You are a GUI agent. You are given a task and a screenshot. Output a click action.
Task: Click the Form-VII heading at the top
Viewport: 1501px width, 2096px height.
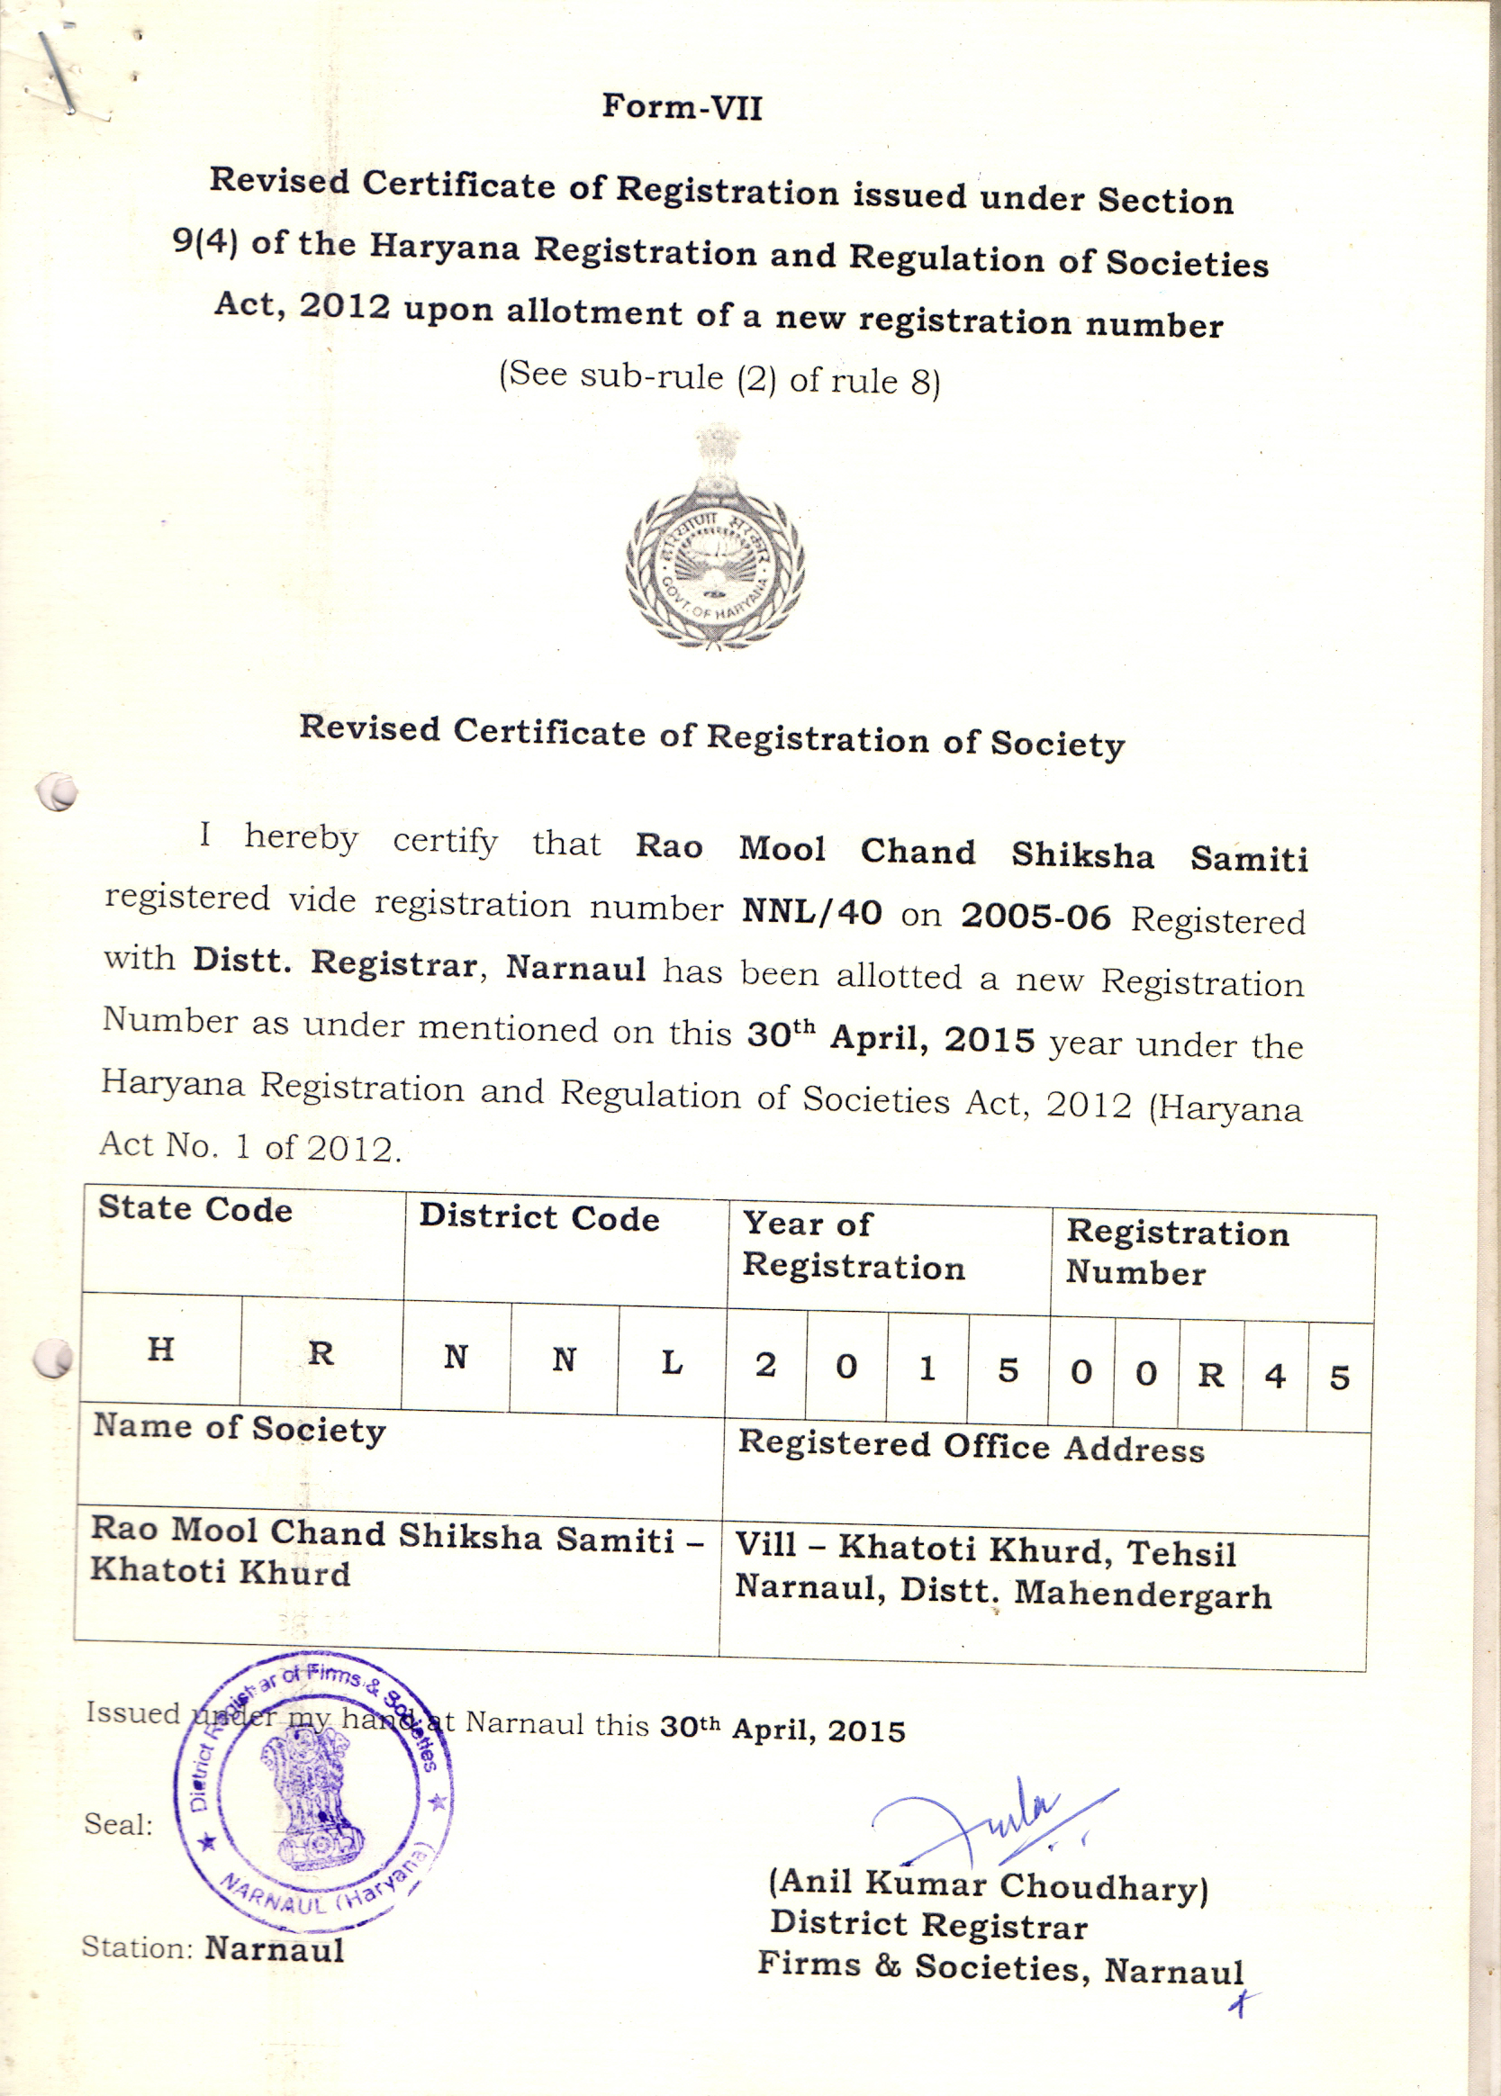pyautogui.click(x=683, y=107)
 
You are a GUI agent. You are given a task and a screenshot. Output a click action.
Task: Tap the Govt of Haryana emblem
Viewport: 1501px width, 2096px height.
pyautogui.click(x=713, y=539)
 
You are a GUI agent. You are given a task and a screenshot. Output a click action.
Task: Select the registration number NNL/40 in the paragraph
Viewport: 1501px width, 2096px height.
pyautogui.click(x=811, y=912)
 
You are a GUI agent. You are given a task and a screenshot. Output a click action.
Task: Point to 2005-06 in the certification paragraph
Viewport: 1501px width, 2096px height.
pyautogui.click(x=1035, y=917)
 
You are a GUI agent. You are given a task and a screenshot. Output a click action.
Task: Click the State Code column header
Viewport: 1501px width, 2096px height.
pyautogui.click(x=195, y=1209)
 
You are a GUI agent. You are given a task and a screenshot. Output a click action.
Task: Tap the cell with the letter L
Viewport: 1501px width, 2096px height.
pyautogui.click(x=672, y=1362)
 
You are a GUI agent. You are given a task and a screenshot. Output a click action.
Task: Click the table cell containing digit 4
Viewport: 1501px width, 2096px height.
pyautogui.click(x=1276, y=1376)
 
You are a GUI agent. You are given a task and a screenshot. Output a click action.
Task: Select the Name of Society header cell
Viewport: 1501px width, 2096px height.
pyautogui.click(x=240, y=1428)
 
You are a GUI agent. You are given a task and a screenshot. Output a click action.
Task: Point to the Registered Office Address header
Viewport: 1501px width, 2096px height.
pyautogui.click(x=971, y=1446)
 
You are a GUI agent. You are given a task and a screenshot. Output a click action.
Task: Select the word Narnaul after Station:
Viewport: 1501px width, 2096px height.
pyautogui.click(x=274, y=1949)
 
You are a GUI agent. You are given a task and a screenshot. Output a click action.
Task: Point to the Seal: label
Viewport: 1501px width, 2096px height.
pyautogui.click(x=118, y=1824)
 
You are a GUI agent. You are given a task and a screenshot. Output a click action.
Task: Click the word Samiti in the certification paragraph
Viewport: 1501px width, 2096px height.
pyautogui.click(x=1249, y=859)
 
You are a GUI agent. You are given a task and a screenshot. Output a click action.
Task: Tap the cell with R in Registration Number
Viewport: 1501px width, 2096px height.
pyautogui.click(x=1211, y=1375)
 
